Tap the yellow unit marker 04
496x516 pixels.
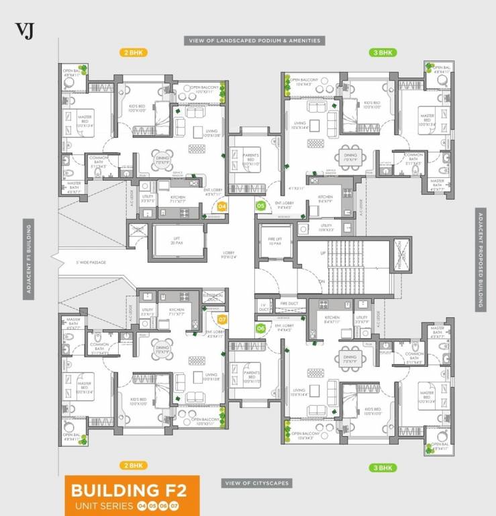pyautogui.click(x=222, y=207)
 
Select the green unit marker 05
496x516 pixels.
pyautogui.click(x=260, y=206)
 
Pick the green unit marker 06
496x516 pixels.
pyautogui.click(x=260, y=328)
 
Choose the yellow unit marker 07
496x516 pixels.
pyautogui.click(x=222, y=320)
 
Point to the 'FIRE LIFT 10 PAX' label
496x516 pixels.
pyautogui.click(x=274, y=240)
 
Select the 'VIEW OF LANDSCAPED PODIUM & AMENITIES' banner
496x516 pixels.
pyautogui.click(x=254, y=40)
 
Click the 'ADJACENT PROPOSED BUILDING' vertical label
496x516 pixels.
pyautogui.click(x=481, y=259)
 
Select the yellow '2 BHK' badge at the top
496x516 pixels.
pyautogui.click(x=134, y=52)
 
